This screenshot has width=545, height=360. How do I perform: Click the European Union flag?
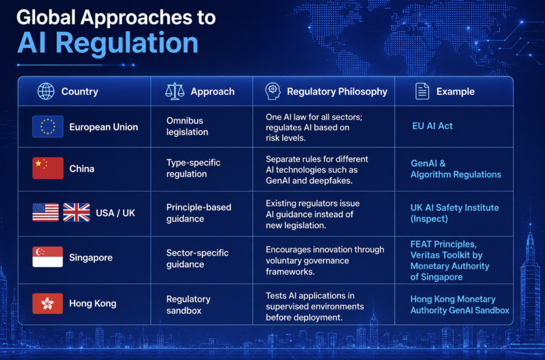(48, 127)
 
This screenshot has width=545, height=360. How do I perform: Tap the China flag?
(48, 168)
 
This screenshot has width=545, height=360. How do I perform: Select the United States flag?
(46, 212)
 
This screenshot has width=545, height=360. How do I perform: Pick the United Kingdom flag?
(77, 212)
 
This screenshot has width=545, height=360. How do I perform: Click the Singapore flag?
(47, 257)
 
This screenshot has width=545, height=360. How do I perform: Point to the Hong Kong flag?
(47, 304)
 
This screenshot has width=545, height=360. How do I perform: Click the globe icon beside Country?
(46, 92)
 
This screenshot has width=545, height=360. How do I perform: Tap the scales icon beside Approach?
(175, 92)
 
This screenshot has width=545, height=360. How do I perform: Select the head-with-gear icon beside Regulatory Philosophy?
(273, 92)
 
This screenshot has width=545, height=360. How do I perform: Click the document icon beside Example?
(422, 92)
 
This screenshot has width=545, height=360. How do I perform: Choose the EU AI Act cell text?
(432, 126)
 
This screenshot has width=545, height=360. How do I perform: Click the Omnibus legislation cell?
(187, 126)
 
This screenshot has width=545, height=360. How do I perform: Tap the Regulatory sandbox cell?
(188, 305)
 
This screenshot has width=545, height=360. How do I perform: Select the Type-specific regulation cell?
(193, 168)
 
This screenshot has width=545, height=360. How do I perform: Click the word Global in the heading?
(46, 18)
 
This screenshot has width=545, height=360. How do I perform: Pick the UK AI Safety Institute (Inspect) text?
(455, 213)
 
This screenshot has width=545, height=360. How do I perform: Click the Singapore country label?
(90, 257)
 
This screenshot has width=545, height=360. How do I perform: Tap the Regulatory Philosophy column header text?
(337, 92)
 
